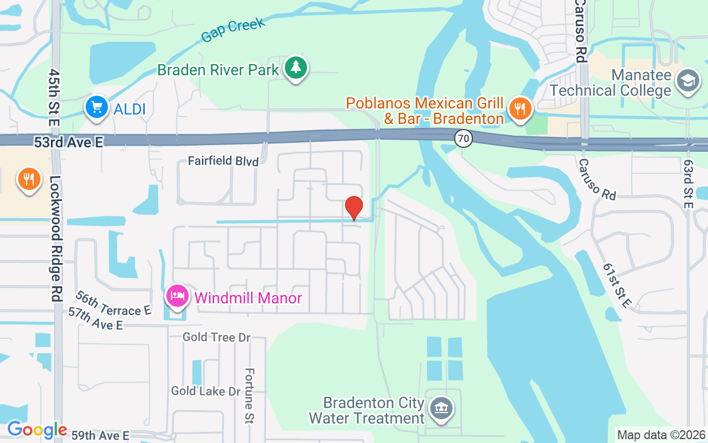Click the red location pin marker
pos(354,208)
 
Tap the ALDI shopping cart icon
pos(97,107)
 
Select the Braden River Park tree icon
pos(296,68)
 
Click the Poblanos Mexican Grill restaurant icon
pos(519,108)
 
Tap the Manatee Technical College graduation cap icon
pos(688,81)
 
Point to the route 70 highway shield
pos(464,138)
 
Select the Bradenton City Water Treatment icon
pos(441,409)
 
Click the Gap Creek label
pos(233,29)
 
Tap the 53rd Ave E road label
pos(69,142)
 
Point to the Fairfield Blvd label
pos(223,161)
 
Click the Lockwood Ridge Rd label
pos(55,238)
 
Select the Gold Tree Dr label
pos(217,337)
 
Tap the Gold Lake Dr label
pos(206,391)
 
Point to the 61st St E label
pos(617,285)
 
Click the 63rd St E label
pos(688,184)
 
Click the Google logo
pos(37,429)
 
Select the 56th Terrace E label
pos(113,303)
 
